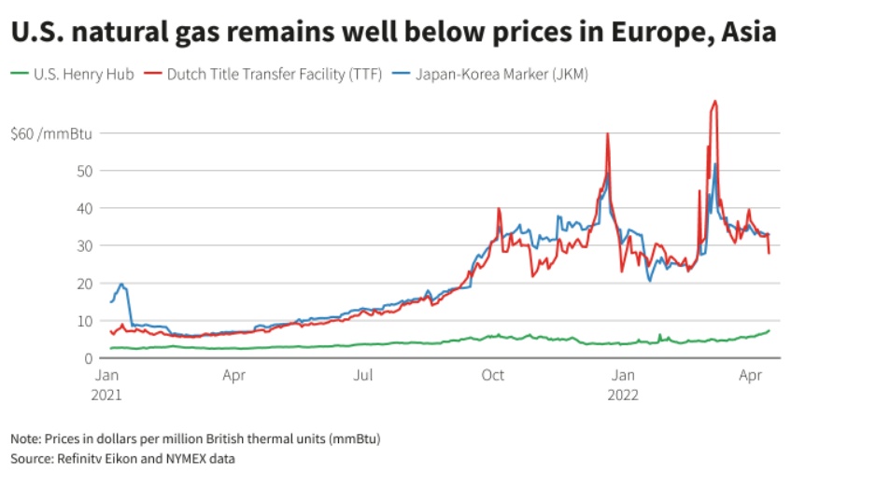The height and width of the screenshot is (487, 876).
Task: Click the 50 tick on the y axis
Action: tap(86, 171)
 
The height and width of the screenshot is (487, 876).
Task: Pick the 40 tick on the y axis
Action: tap(86, 208)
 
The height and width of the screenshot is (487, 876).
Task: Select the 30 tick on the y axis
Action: tap(86, 245)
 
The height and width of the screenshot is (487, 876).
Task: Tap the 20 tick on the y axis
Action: tap(86, 283)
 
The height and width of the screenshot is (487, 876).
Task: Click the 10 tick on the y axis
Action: tap(86, 321)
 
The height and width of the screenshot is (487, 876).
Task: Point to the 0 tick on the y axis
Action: tap(90, 358)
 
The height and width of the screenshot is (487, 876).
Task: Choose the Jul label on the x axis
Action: tap(363, 376)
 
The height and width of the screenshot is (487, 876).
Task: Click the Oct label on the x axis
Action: tap(492, 376)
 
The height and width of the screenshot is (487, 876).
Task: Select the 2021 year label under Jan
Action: tap(108, 394)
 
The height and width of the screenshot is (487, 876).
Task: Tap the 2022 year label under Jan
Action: tap(623, 394)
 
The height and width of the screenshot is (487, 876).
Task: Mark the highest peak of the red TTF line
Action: tap(715, 102)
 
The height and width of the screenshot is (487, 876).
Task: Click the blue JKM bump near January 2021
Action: tap(121, 285)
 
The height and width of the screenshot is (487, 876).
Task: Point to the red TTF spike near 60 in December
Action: tap(608, 134)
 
